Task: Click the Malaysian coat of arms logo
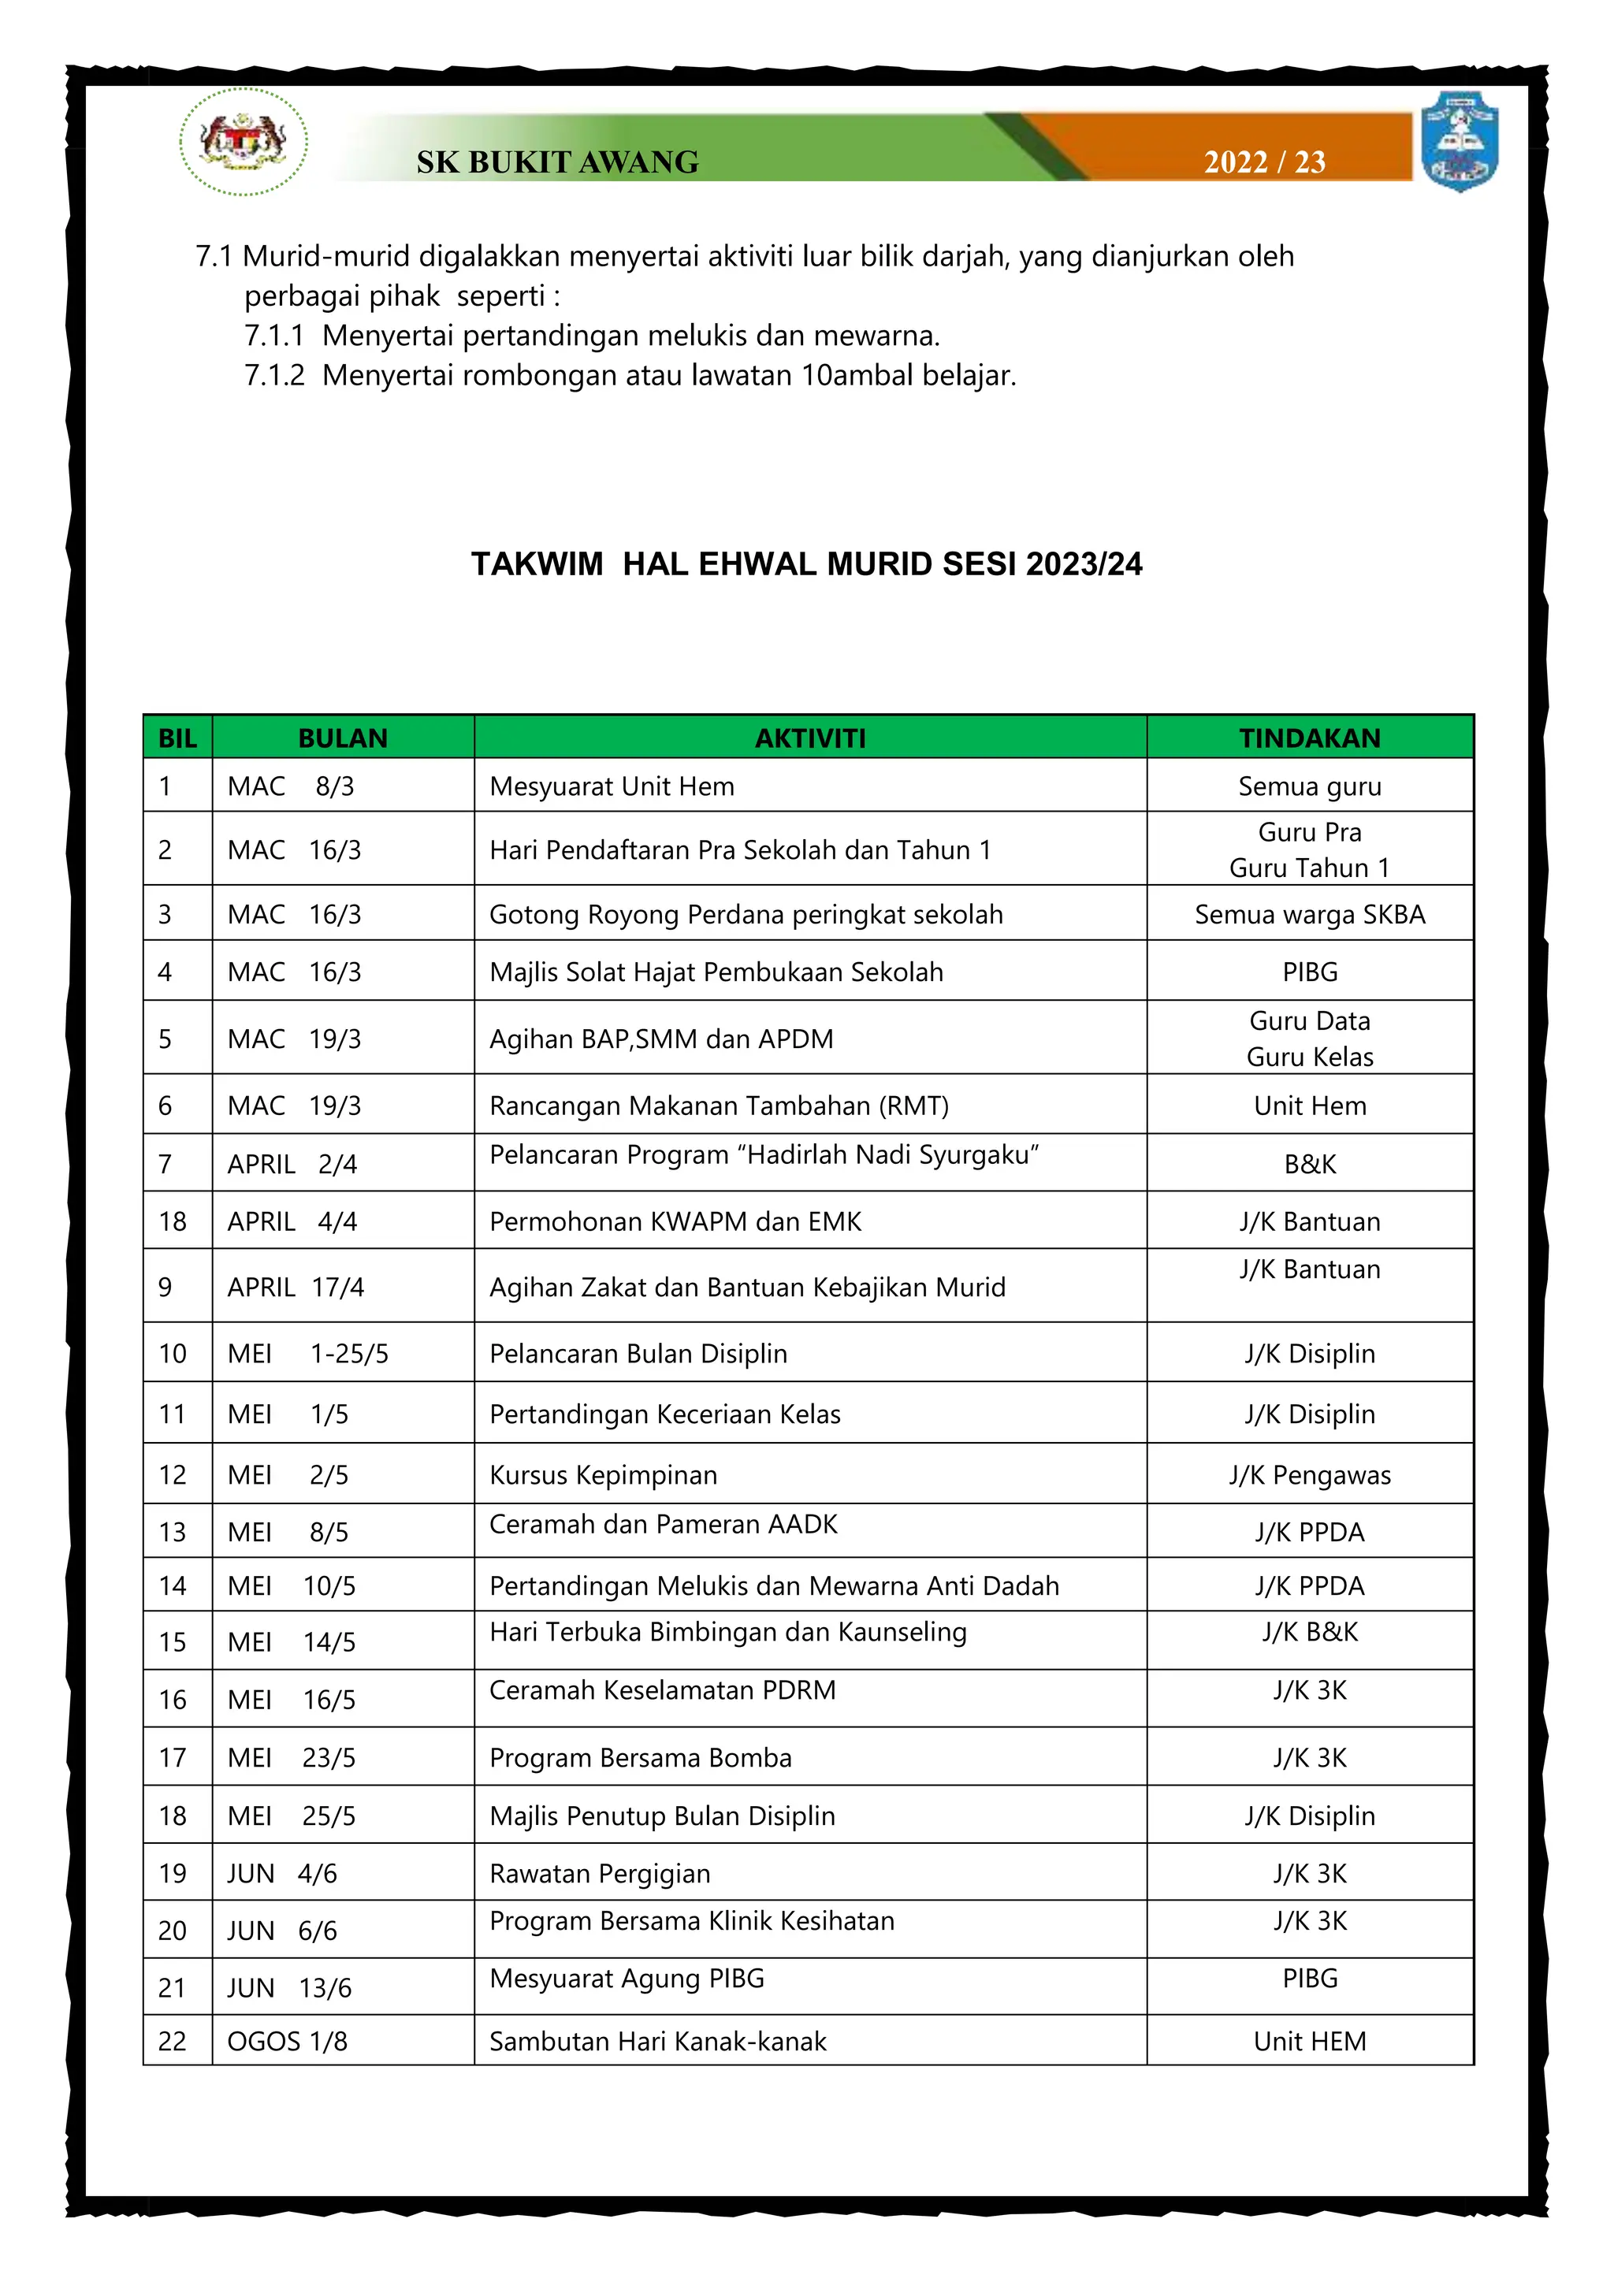tap(244, 141)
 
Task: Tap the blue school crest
tap(1459, 141)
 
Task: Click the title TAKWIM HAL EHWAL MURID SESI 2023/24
tap(806, 564)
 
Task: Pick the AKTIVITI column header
tap(810, 738)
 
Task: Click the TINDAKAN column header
tap(1309, 738)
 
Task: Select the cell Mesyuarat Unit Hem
tap(612, 786)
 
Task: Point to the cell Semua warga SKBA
tap(1309, 914)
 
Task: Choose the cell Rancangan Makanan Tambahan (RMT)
tap(719, 1106)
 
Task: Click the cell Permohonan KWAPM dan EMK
tap(675, 1221)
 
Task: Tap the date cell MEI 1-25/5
tap(308, 1354)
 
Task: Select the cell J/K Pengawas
tap(1309, 1475)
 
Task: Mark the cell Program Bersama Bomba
tap(640, 1757)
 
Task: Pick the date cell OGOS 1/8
tap(287, 2042)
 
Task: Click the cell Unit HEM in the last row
tap(1309, 2042)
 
